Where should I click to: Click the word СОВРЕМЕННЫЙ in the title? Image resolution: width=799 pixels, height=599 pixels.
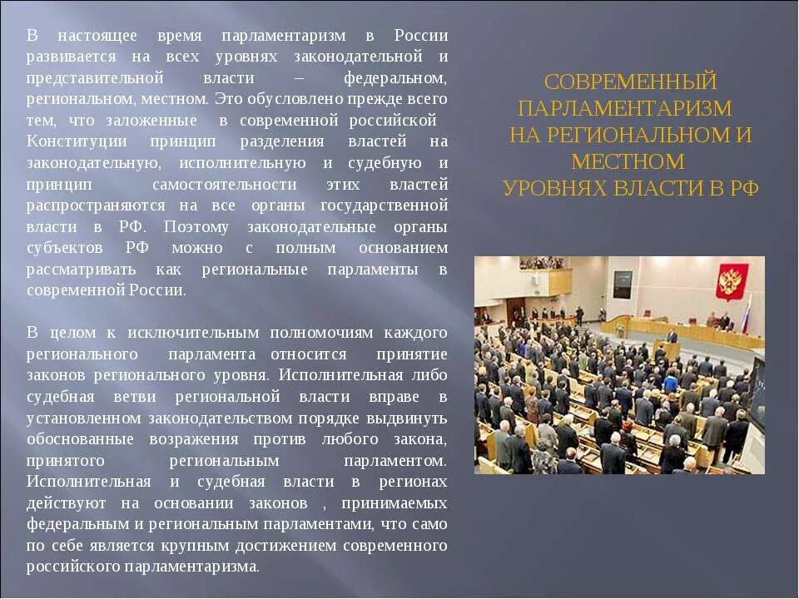(630, 82)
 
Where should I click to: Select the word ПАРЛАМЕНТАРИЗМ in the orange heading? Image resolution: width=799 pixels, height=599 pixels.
(625, 109)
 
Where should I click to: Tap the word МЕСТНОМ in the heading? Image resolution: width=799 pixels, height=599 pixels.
(628, 161)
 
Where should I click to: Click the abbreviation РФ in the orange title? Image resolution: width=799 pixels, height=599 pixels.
(744, 188)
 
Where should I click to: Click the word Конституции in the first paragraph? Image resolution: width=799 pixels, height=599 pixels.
(77, 141)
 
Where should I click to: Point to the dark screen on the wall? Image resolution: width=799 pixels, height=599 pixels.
(622, 285)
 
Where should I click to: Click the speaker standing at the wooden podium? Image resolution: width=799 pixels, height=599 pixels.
(672, 335)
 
